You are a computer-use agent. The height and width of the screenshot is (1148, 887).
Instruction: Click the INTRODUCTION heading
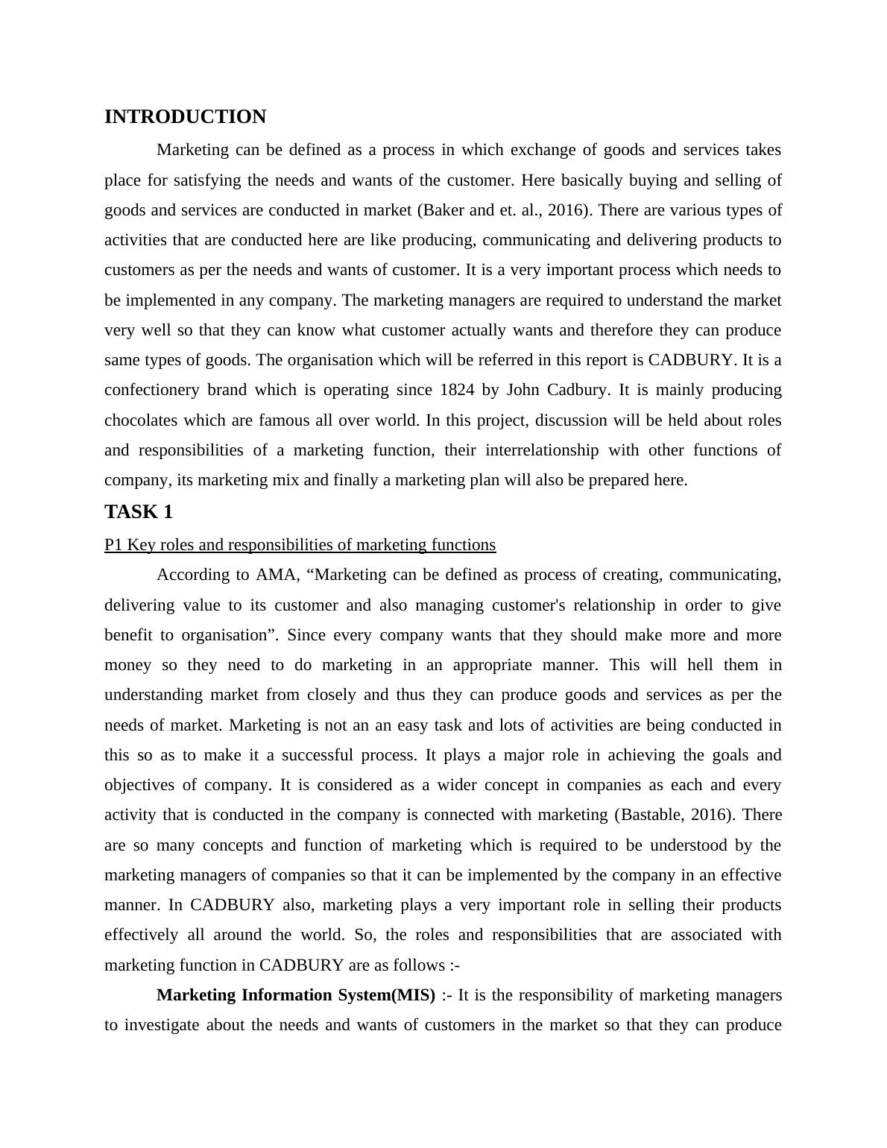click(185, 117)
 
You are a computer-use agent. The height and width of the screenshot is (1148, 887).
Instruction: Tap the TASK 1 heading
click(139, 512)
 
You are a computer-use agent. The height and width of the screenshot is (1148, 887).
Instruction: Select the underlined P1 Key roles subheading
click(300, 545)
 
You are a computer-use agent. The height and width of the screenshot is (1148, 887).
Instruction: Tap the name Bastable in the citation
click(649, 815)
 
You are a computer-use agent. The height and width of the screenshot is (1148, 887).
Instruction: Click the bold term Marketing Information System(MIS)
click(296, 995)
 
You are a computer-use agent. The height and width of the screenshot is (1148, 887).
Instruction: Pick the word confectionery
click(151, 390)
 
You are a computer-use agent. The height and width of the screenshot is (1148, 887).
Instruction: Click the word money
click(127, 665)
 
